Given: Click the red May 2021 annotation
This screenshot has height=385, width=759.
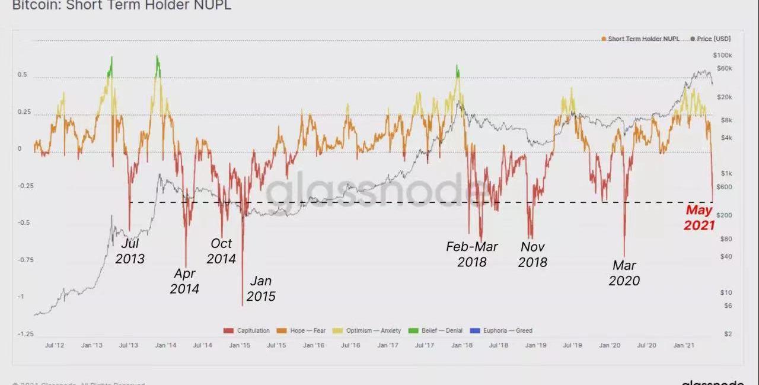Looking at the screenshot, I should [699, 217].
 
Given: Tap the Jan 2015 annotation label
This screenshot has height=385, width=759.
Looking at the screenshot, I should [261, 288].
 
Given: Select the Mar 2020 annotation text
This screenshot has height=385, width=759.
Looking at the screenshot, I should [624, 273].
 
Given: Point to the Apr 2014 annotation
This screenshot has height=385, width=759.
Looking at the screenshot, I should [184, 281].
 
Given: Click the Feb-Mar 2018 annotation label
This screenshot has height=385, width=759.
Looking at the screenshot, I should [472, 254].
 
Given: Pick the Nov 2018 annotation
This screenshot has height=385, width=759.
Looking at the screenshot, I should [532, 254].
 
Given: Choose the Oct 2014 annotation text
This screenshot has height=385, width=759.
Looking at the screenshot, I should [222, 251].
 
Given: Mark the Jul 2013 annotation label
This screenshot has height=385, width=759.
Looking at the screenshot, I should [130, 251].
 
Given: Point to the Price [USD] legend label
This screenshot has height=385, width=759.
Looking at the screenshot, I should [713, 39].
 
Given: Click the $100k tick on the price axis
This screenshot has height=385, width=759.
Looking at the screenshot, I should [724, 55].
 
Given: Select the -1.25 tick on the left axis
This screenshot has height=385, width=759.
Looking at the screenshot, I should [25, 334].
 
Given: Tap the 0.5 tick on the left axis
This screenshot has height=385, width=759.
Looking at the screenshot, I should [23, 75].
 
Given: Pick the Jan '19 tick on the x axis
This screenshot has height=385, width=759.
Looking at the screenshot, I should [535, 345].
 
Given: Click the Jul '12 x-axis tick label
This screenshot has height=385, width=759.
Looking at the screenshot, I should [55, 345].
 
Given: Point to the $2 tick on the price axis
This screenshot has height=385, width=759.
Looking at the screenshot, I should [728, 334].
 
